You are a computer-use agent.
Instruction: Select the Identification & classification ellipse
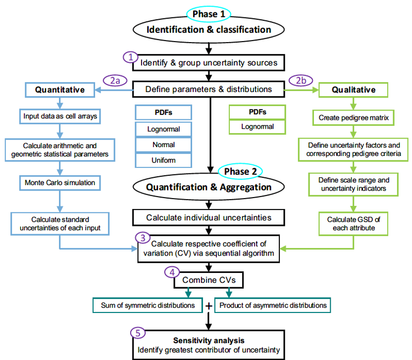208,30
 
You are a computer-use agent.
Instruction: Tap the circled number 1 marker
130,57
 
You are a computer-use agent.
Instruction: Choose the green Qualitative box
353,90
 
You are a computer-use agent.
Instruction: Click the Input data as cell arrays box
60,117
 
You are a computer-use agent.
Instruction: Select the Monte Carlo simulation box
59,182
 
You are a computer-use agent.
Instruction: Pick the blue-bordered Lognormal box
163,129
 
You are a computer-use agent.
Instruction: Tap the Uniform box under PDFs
163,160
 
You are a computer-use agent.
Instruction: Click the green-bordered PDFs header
257,112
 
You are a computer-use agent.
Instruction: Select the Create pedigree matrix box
353,117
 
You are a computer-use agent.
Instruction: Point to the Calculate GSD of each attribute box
353,223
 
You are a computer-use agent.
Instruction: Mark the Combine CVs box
208,280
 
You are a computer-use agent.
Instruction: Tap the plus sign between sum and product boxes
208,306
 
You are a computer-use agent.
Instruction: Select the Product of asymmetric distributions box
273,305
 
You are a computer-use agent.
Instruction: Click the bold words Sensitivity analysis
208,341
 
